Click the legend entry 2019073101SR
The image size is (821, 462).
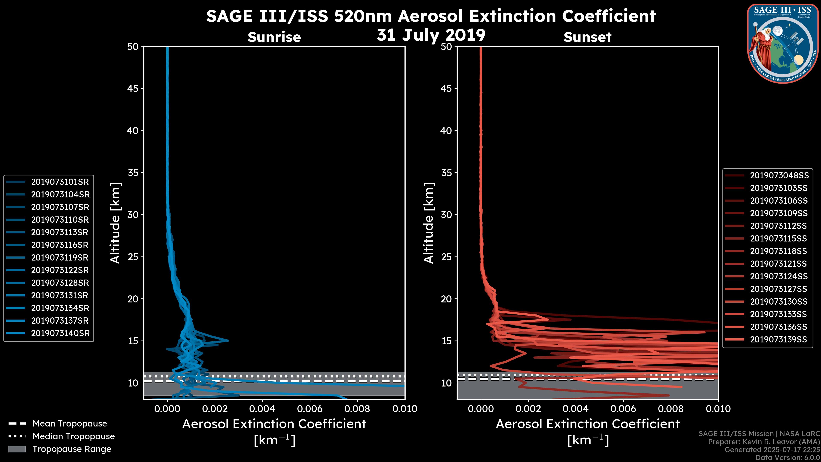[60, 182]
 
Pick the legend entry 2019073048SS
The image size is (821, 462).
[779, 175]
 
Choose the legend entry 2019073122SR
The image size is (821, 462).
[60, 270]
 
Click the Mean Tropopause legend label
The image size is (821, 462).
[70, 423]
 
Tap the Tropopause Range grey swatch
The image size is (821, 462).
[17, 449]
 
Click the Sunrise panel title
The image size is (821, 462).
[274, 37]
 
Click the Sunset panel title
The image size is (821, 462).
[587, 37]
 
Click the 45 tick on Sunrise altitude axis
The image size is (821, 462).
[133, 88]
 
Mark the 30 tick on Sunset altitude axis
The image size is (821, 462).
[446, 215]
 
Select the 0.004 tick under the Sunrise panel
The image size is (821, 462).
[262, 409]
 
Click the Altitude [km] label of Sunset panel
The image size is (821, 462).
[429, 223]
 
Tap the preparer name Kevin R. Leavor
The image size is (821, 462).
[764, 442]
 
